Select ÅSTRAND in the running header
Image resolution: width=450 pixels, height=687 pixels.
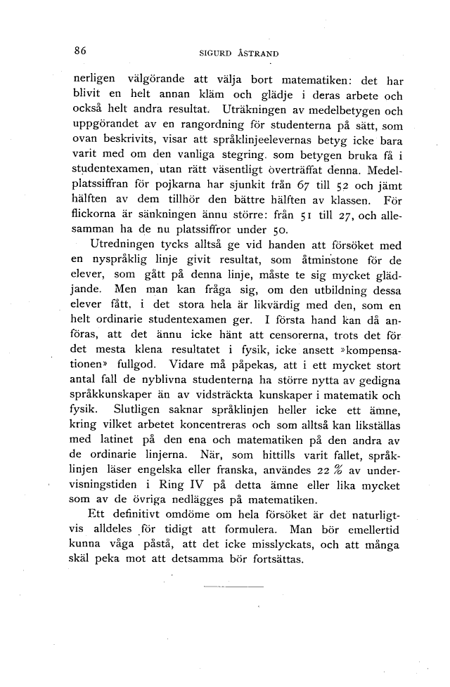point(260,52)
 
